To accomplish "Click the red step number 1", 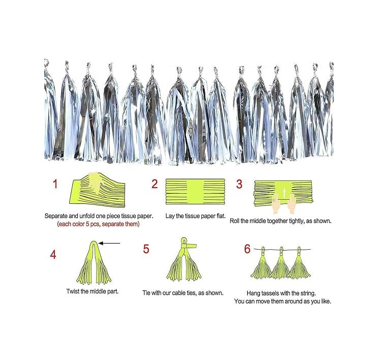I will click(x=55, y=184).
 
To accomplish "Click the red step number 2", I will click(x=155, y=185).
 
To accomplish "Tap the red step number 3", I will click(x=239, y=184).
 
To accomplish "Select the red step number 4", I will click(x=53, y=255).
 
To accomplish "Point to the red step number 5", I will click(x=146, y=249).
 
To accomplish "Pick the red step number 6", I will click(x=247, y=249).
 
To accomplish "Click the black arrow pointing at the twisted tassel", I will click(x=110, y=243).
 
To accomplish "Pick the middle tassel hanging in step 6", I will click(x=279, y=264).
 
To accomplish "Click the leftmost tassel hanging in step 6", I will click(x=260, y=264).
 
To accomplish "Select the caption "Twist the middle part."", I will click(x=93, y=292).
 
